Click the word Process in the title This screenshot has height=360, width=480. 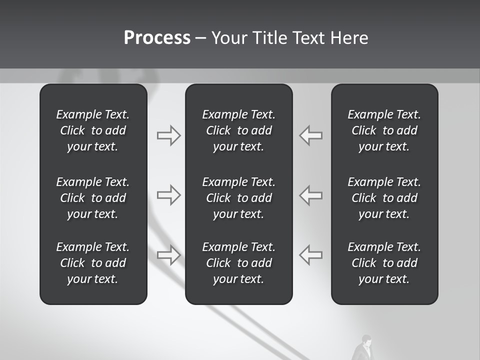pos(157,38)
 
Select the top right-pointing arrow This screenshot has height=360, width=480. pos(168,135)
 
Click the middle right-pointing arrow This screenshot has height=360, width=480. pos(168,195)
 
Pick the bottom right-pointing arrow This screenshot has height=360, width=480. pos(168,255)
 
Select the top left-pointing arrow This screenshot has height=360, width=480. pos(311,135)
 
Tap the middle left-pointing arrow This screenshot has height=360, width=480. pos(311,195)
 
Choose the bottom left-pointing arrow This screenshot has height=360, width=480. pos(311,255)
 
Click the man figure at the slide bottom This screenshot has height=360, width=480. pos(364,348)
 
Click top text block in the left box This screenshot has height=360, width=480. pos(93,130)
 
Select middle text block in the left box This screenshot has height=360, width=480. pos(93,198)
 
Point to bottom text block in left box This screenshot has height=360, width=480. pos(93,263)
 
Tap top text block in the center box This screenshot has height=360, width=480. pos(239,130)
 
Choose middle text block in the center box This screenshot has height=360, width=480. pos(239,198)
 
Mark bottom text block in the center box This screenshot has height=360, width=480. pos(239,263)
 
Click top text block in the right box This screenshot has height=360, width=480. pos(384,130)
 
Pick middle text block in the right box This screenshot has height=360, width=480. pos(384,198)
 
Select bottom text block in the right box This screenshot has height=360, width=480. pos(384,263)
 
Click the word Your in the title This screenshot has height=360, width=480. pos(229,38)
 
